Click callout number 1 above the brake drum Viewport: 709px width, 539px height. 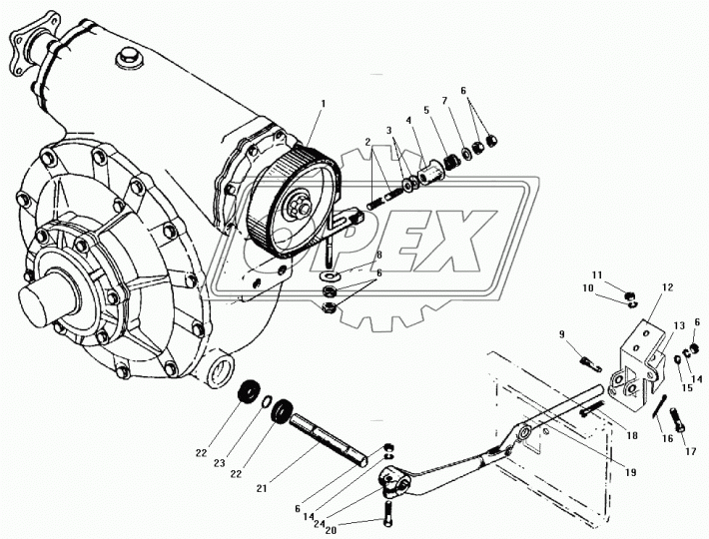(x=323, y=104)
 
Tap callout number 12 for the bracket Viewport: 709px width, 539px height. (x=668, y=287)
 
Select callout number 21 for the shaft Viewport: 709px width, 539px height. (x=263, y=488)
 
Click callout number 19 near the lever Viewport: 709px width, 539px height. (x=631, y=472)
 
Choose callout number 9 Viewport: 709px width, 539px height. (x=561, y=334)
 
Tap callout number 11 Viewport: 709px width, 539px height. (x=597, y=274)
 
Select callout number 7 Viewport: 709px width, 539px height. (x=444, y=100)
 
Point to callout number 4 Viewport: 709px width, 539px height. (x=408, y=121)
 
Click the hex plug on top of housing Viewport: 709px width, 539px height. (x=129, y=59)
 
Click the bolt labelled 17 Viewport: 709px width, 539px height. (x=678, y=420)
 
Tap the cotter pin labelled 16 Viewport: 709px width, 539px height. (x=660, y=406)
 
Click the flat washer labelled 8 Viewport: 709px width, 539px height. (x=330, y=275)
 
